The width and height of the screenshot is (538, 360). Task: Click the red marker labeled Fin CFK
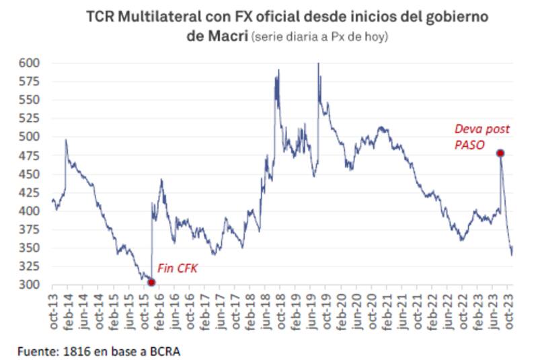tap(151, 282)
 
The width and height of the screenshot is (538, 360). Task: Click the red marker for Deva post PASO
tap(500, 153)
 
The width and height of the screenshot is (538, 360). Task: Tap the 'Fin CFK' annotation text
tap(178, 267)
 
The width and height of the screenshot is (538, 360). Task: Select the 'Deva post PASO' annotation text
tap(482, 137)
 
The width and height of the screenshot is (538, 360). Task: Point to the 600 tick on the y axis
tap(30, 63)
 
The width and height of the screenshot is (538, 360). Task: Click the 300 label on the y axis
tap(30, 285)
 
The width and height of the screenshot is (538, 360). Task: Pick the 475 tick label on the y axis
tap(30, 155)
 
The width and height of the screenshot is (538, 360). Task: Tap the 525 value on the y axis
tap(30, 118)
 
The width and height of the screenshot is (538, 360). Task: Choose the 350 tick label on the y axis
tap(30, 248)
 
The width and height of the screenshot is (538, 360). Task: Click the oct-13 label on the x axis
tap(54, 311)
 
